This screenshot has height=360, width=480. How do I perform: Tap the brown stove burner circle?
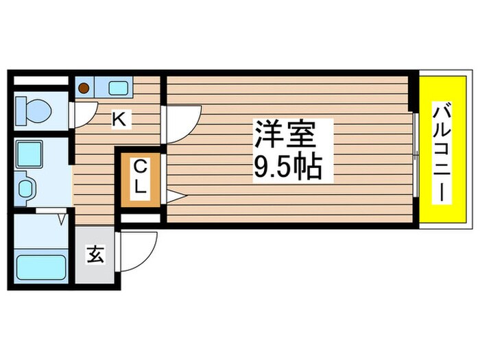coord(83,88)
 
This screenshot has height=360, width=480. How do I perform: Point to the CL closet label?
coord(141,178)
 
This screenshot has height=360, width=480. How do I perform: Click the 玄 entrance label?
coord(95,255)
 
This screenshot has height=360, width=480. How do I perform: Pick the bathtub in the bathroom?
coord(40,266)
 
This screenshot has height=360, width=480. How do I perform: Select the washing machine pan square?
coord(29,153)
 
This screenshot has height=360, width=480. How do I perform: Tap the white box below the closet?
coord(141,219)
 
